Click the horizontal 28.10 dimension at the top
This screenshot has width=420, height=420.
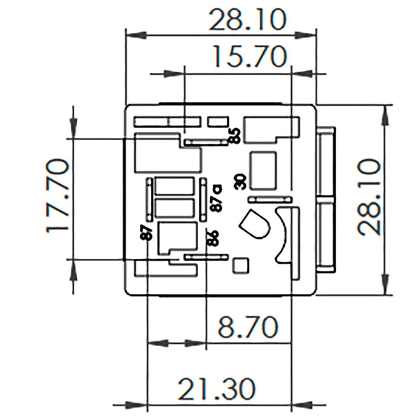point(247,20)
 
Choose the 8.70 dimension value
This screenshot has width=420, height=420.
point(246,327)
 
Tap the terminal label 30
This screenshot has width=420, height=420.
point(240,181)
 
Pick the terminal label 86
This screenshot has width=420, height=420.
point(213,237)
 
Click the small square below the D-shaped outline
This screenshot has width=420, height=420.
point(240,265)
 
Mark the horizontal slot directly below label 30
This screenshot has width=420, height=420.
point(269,200)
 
